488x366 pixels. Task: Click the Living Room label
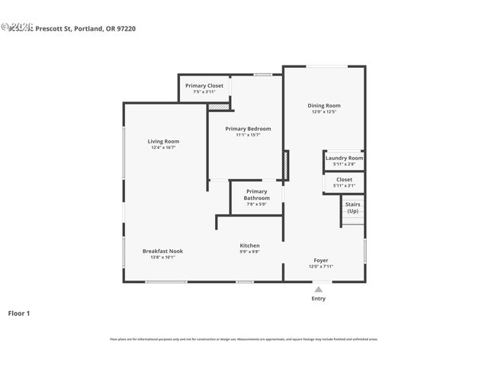(x=163, y=141)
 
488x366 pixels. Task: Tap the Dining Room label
(x=324, y=105)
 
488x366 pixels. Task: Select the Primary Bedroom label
(x=248, y=129)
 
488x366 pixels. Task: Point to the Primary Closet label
(x=204, y=85)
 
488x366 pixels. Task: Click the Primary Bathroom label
(x=257, y=194)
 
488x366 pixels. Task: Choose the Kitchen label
(x=249, y=246)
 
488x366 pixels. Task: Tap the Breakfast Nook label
(x=162, y=251)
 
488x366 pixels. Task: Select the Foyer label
(x=321, y=260)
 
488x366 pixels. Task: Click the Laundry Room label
(x=344, y=158)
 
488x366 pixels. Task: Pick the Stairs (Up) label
(x=352, y=207)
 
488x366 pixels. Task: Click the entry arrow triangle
(x=319, y=290)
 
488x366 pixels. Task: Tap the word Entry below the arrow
(x=319, y=298)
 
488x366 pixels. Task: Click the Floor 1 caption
(x=19, y=313)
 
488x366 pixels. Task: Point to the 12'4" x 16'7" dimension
(x=163, y=147)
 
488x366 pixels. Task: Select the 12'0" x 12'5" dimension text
(x=324, y=111)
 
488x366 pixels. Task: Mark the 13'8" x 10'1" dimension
(x=162, y=257)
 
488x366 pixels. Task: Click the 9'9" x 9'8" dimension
(x=249, y=252)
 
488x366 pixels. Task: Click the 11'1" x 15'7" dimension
(x=248, y=135)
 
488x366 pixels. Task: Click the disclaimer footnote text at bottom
(x=243, y=339)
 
